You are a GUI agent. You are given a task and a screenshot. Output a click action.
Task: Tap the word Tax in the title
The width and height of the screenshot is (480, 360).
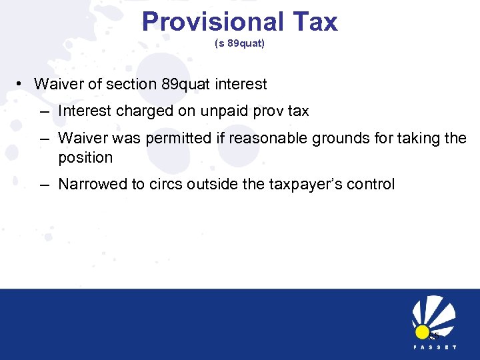tap(313, 21)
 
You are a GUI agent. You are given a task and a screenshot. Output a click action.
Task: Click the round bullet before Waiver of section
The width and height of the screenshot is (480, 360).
tap(21, 84)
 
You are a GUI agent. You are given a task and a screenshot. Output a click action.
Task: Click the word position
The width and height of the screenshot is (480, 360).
tap(85, 157)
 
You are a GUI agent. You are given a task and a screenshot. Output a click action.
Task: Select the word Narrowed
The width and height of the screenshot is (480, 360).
tap(89, 184)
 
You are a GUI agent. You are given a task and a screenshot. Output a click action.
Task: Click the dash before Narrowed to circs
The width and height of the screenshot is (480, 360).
tap(44, 184)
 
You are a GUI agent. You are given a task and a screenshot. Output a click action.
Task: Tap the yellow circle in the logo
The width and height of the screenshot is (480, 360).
tap(422, 331)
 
